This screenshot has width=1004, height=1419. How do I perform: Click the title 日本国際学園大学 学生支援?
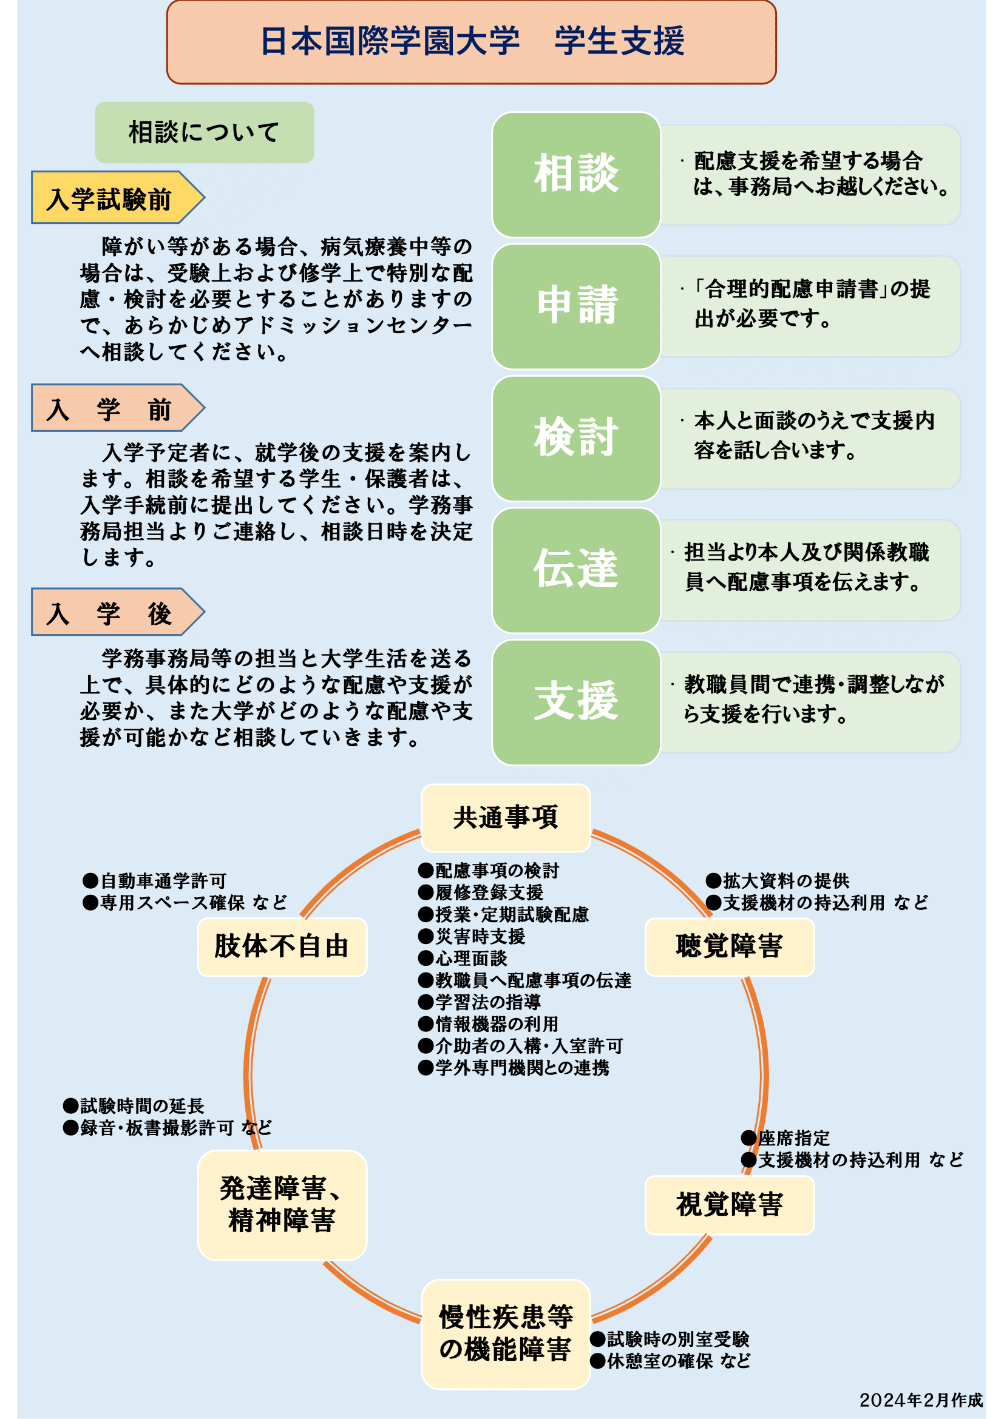pyautogui.click(x=472, y=41)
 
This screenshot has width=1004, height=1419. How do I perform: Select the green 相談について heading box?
pyautogui.click(x=205, y=132)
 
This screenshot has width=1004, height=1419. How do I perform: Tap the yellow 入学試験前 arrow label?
pyautogui.click(x=118, y=197)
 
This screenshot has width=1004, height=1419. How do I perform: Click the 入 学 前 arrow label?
pyautogui.click(x=118, y=408)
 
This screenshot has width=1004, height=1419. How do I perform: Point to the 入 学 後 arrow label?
pyautogui.click(x=118, y=612)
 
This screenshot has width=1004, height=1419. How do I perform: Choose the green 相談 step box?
pyautogui.click(x=576, y=174)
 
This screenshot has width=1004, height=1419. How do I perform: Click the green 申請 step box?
pyautogui.click(x=576, y=306)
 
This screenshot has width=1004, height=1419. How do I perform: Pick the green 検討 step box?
pyautogui.click(x=576, y=438)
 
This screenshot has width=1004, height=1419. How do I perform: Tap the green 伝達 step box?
pyautogui.click(x=576, y=570)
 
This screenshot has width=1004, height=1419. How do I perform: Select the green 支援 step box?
pyautogui.click(x=576, y=702)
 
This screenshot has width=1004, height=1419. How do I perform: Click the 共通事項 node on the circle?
pyautogui.click(x=506, y=818)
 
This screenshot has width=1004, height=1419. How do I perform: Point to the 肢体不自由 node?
pyautogui.click(x=282, y=947)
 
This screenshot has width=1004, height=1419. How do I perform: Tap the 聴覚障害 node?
pyautogui.click(x=730, y=947)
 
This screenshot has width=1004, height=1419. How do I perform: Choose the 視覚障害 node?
pyautogui.click(x=730, y=1205)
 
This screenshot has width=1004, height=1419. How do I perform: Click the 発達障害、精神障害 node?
pyautogui.click(x=282, y=1205)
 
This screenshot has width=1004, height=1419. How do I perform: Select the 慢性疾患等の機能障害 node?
pyautogui.click(x=506, y=1334)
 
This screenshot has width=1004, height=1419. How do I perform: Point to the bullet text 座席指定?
pyautogui.click(x=794, y=1138)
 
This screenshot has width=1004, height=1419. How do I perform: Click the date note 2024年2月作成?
pyautogui.click(x=921, y=1400)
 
